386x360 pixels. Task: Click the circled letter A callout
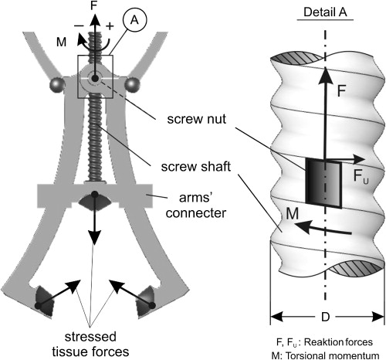134,20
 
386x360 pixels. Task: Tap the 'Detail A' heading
325,12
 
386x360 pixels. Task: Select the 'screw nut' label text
197,119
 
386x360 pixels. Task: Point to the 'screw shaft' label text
196,167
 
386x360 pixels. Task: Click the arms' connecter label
196,205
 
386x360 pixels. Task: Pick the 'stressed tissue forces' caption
90,345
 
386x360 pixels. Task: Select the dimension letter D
326,317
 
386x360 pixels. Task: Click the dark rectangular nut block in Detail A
323,183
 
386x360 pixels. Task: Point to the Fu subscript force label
361,176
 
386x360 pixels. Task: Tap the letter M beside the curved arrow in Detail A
292,213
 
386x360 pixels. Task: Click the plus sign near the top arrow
110,26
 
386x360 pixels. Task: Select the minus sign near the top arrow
79,25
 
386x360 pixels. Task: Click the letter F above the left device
94,5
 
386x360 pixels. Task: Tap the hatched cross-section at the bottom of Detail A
357,270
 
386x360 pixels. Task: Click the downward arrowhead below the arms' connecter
95,238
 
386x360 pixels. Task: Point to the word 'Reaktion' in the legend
322,342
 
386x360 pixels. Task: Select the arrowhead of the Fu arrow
359,159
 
